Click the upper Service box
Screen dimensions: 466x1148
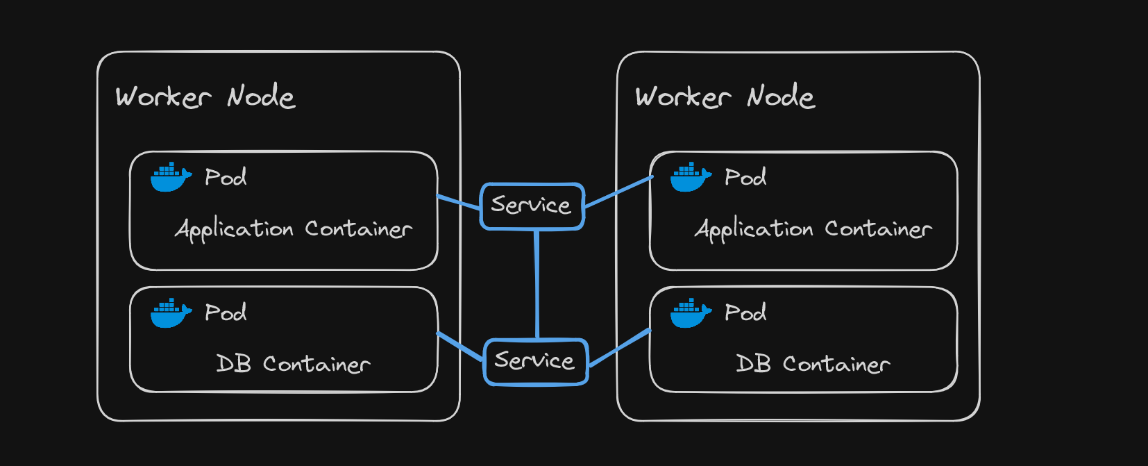532,206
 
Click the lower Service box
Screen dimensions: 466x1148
535,361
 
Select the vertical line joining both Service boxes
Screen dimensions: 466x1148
537,285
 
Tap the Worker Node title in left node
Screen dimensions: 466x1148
205,97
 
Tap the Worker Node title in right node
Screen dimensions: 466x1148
725,97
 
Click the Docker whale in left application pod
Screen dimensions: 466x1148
170,177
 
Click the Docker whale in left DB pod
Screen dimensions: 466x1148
170,313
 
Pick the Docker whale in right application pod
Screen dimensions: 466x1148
690,177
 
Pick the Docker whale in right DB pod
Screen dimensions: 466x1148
690,313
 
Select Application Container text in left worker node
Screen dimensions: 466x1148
294,229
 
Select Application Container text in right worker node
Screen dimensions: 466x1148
813,229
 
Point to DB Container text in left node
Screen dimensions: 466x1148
293,364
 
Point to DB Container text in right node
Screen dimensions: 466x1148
813,364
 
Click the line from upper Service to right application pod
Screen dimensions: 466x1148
618,192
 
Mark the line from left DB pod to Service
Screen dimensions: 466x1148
460,346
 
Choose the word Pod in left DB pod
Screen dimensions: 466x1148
226,313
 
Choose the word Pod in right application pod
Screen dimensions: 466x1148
745,178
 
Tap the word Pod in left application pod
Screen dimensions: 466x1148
226,178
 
